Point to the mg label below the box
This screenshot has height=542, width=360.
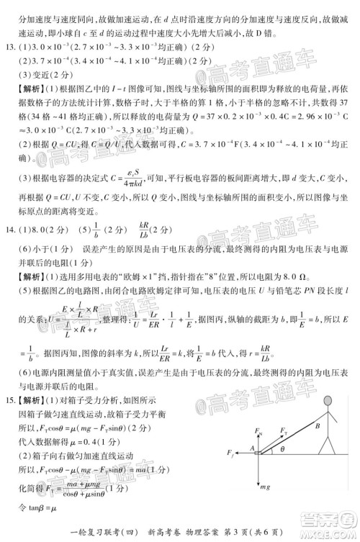click(x=265, y=487)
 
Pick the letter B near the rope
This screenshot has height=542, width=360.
click(x=316, y=425)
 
